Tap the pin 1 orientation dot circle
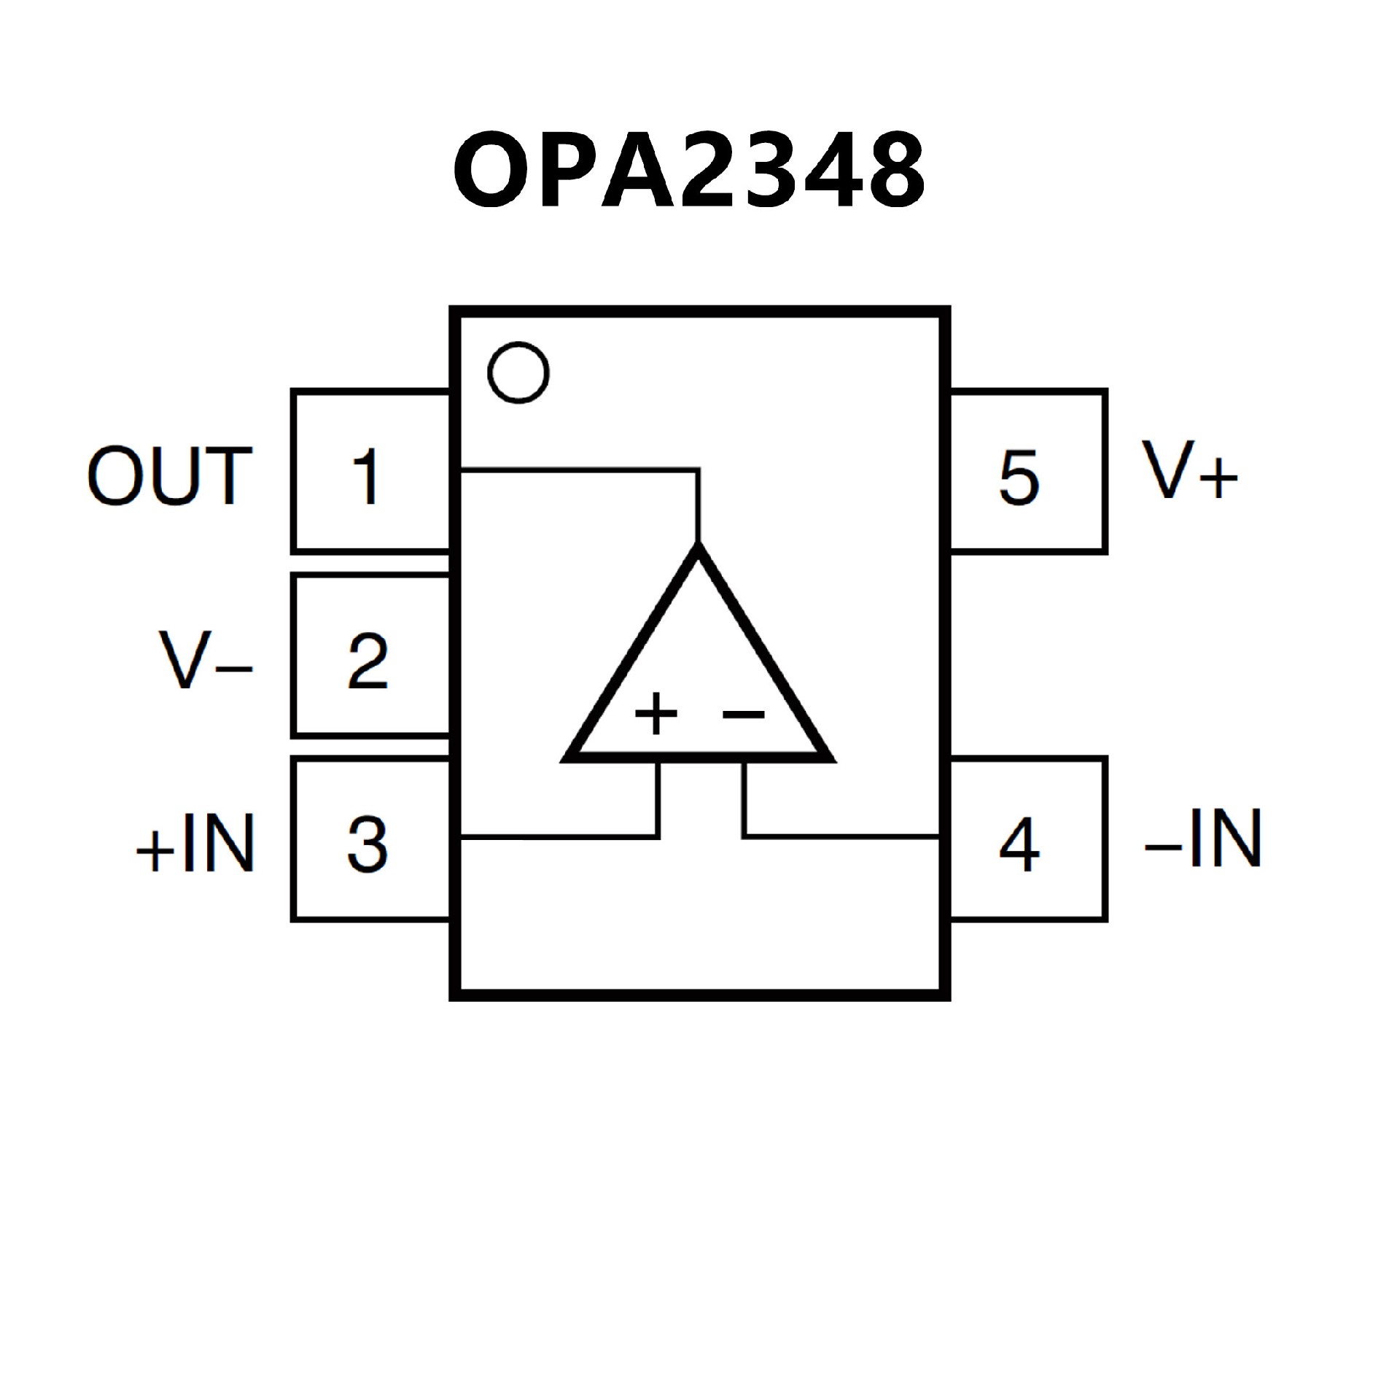tap(518, 372)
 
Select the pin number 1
tap(366, 477)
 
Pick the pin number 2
tap(367, 661)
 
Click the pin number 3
tap(367, 844)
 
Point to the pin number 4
tap(1019, 844)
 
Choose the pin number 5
tap(1019, 477)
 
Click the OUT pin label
tap(170, 477)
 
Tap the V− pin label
tap(205, 661)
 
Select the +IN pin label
tap(195, 844)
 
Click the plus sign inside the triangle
tap(656, 713)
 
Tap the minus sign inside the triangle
tap(744, 714)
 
